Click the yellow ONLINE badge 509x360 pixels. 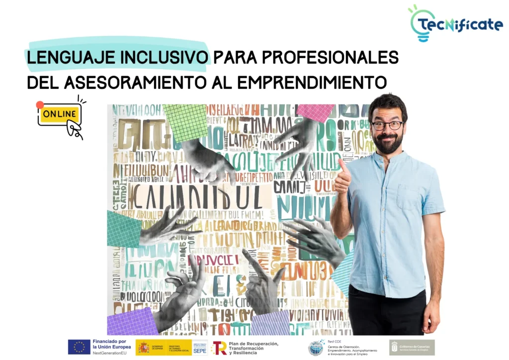click(x=59, y=114)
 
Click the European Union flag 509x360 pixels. click(x=79, y=347)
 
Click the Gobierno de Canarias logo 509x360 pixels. click(x=412, y=347)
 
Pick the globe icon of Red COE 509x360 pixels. click(x=315, y=348)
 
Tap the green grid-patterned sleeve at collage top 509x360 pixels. click(x=185, y=121)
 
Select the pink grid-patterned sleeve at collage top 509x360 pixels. click(x=316, y=112)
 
